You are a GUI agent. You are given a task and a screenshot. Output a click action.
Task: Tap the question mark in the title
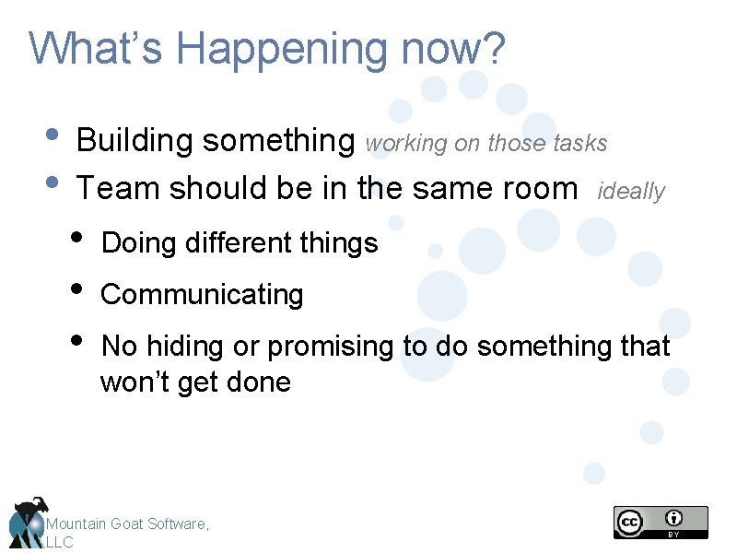495,49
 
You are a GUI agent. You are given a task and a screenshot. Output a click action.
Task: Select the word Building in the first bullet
135,141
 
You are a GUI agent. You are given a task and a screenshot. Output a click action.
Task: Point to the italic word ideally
631,192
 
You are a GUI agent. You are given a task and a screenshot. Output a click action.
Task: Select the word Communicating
202,295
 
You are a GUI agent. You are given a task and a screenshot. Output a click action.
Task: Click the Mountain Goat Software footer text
127,524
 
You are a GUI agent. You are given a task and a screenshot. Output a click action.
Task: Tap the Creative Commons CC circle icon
630,523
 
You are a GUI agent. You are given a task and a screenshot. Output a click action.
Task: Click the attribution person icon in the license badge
675,518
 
